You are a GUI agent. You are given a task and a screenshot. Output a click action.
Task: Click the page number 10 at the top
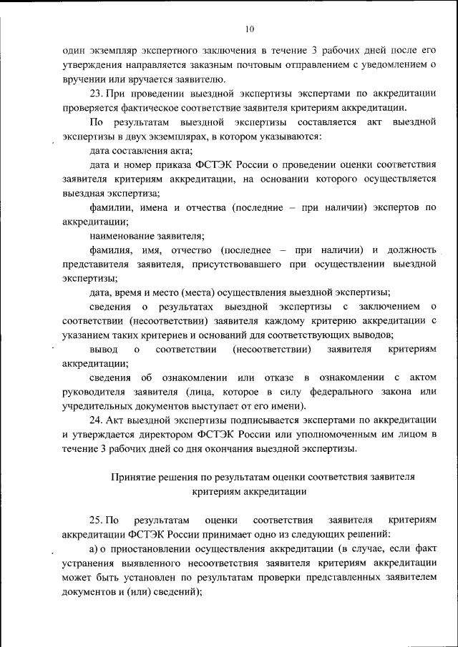point(248,29)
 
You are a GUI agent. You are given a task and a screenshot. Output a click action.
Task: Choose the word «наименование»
point(120,235)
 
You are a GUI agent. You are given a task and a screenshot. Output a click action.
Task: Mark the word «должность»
point(411,250)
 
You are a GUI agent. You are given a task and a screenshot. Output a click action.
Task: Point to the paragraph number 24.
point(97,420)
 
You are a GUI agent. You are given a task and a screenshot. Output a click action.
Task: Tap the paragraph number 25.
point(97,520)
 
